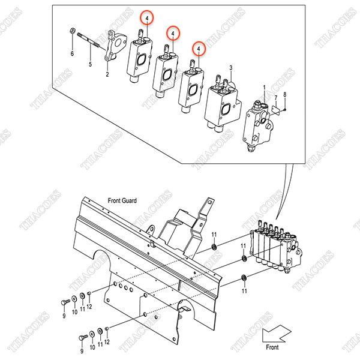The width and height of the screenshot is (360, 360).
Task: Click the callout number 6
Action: pyautogui.click(x=73, y=55)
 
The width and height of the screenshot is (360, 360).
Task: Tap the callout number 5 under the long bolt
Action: pyautogui.click(x=90, y=64)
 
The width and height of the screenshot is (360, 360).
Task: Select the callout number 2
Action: pyautogui.click(x=107, y=75)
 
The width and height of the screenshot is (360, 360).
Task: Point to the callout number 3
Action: pyautogui.click(x=231, y=69)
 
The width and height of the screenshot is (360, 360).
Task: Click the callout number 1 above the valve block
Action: pyautogui.click(x=263, y=88)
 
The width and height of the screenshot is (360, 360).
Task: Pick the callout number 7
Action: pyautogui.click(x=275, y=97)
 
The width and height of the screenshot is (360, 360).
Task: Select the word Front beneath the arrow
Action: pyautogui.click(x=273, y=347)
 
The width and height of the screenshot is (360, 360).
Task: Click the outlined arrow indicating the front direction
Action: pyautogui.click(x=277, y=332)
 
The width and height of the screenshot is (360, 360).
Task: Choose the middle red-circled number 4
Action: pyautogui.click(x=173, y=31)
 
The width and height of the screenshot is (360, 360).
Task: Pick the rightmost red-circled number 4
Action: pyautogui.click(x=198, y=46)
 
